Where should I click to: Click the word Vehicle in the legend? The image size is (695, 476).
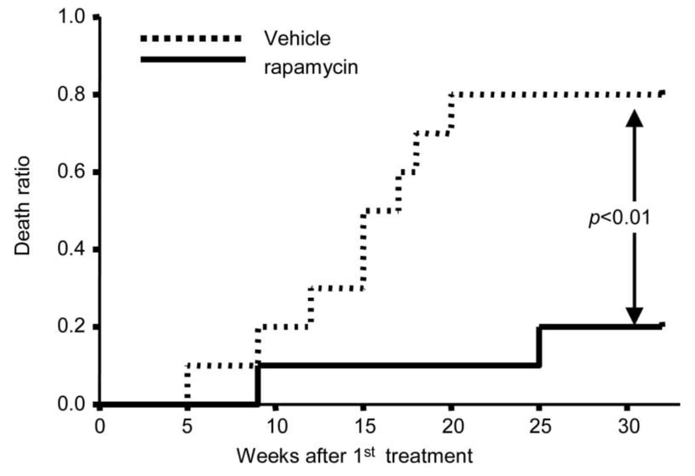[x=298, y=38]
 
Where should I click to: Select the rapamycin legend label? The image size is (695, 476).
[x=311, y=67]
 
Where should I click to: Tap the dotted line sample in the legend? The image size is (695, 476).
[x=193, y=39]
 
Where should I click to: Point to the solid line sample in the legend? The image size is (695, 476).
[x=193, y=59]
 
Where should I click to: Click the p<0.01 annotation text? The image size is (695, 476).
[x=620, y=218]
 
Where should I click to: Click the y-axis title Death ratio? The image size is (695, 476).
[x=22, y=206]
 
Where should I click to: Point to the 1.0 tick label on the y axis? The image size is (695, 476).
[x=71, y=17]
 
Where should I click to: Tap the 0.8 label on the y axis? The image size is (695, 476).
[x=71, y=95]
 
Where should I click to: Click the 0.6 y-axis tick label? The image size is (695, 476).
[x=71, y=172]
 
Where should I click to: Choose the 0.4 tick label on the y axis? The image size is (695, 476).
[x=71, y=250]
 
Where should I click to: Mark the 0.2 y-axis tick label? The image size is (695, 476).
[x=71, y=327]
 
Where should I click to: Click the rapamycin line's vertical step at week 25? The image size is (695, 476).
[x=539, y=346]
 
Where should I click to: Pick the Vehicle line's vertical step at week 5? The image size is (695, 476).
[x=187, y=385]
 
